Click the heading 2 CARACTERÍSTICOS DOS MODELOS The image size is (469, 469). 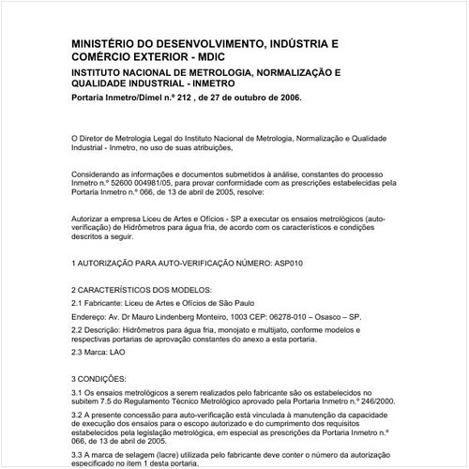(x=142, y=292)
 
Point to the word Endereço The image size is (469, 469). (x=91, y=319)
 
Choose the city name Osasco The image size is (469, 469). (x=361, y=319)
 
